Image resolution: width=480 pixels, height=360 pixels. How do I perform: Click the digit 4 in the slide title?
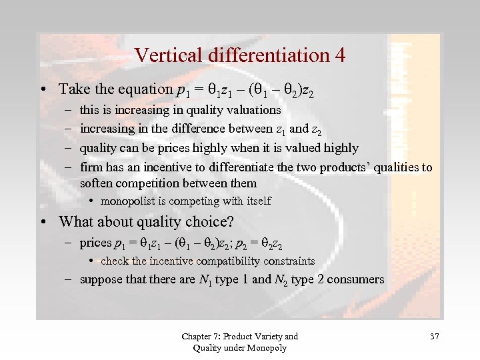tap(339, 55)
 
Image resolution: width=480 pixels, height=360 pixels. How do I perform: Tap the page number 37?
tap(434, 336)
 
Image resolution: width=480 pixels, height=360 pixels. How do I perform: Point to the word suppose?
tap(101, 279)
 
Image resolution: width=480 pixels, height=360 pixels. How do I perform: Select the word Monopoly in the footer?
tap(267, 348)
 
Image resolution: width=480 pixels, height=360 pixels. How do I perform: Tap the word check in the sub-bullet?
tap(115, 261)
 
